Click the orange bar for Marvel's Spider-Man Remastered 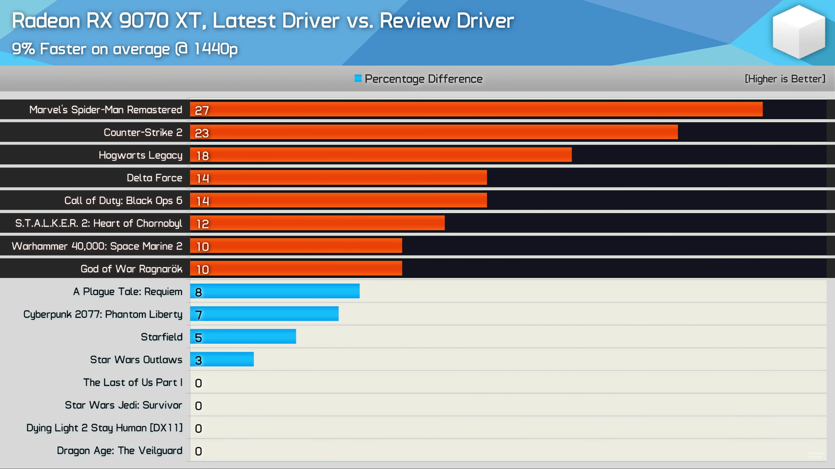pyautogui.click(x=476, y=110)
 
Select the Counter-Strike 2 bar pyautogui.click(x=434, y=132)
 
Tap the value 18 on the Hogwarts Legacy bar pyautogui.click(x=203, y=156)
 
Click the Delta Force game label pyautogui.click(x=154, y=178)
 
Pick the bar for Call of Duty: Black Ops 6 pyautogui.click(x=338, y=201)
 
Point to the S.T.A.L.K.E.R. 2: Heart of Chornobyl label pyautogui.click(x=98, y=223)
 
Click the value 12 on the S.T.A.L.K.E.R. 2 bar pyautogui.click(x=203, y=224)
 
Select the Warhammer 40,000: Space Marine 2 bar pyautogui.click(x=296, y=246)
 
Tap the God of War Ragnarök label pyautogui.click(x=131, y=269)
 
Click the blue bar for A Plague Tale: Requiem pyautogui.click(x=275, y=291)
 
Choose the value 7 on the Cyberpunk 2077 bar pyautogui.click(x=199, y=315)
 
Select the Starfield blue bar pyautogui.click(x=243, y=337)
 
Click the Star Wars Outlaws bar pyautogui.click(x=222, y=359)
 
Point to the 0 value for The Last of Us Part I pyautogui.click(x=198, y=383)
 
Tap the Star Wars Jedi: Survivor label pyautogui.click(x=123, y=405)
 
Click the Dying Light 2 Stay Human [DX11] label pyautogui.click(x=104, y=428)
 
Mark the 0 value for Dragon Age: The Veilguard pyautogui.click(x=198, y=451)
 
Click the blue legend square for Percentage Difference pyautogui.click(x=358, y=78)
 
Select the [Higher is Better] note pyautogui.click(x=784, y=79)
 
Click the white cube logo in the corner pyautogui.click(x=798, y=32)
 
